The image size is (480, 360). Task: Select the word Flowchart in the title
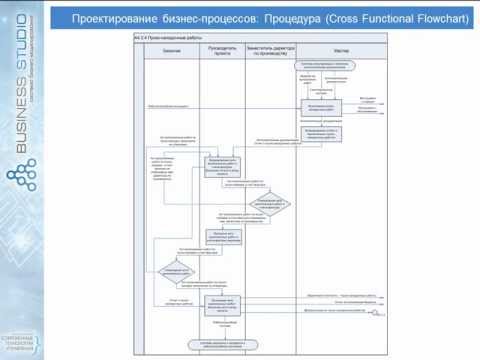(x=436, y=17)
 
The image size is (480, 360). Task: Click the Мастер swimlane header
(x=340, y=47)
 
